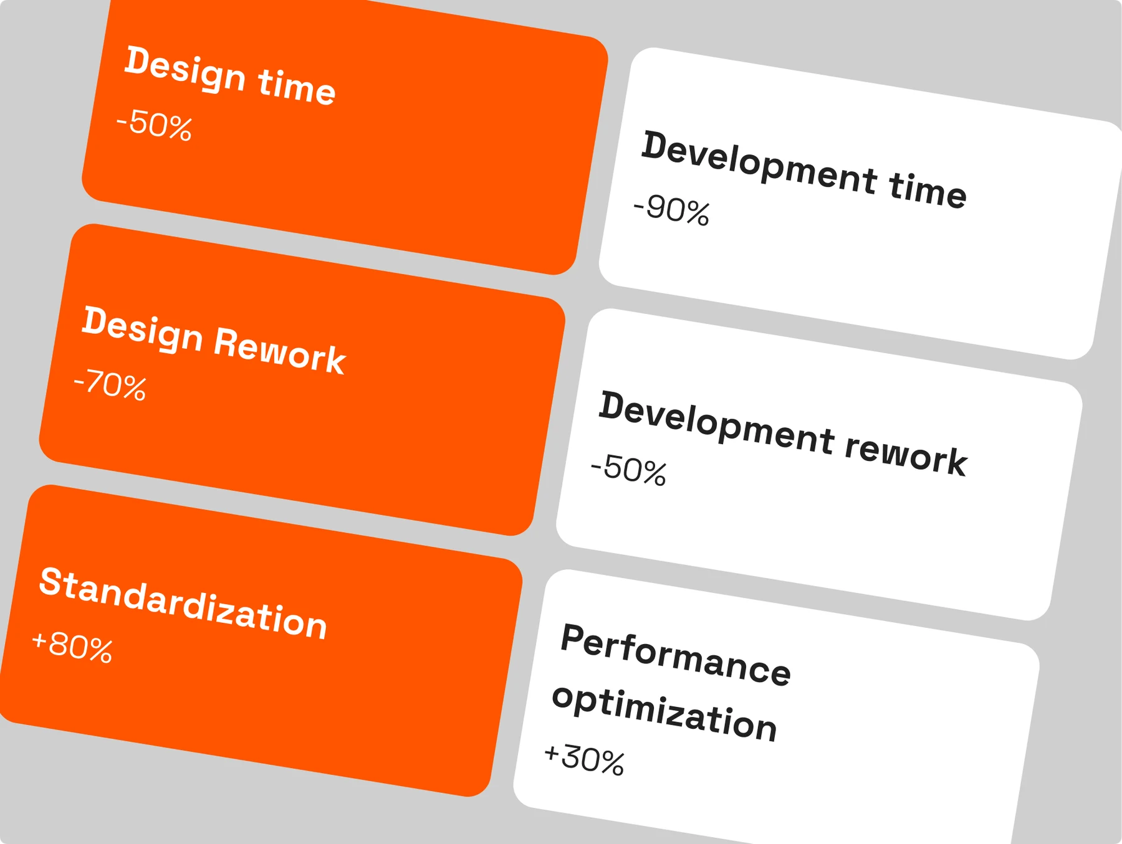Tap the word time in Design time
click(297, 86)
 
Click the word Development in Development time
click(760, 163)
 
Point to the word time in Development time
click(928, 189)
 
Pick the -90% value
click(671, 210)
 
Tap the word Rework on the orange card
click(279, 351)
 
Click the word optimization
click(664, 712)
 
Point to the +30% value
click(584, 759)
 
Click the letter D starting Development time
click(657, 145)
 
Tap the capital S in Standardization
click(52, 581)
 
